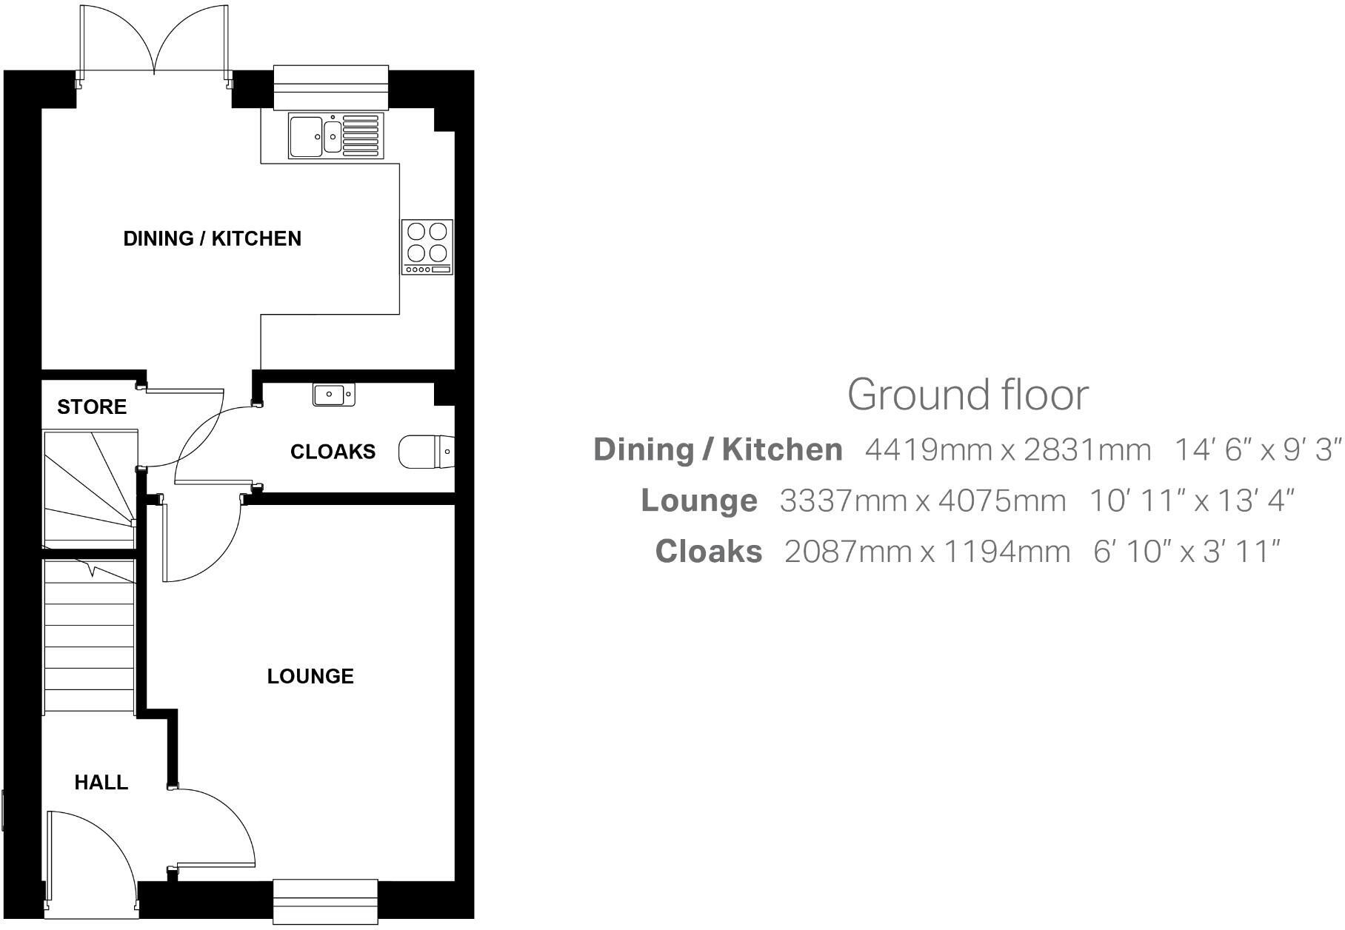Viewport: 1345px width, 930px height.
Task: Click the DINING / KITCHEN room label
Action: pyautogui.click(x=212, y=238)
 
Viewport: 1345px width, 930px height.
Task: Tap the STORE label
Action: pyautogui.click(x=92, y=407)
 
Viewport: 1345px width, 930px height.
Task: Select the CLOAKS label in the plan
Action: pyautogui.click(x=333, y=452)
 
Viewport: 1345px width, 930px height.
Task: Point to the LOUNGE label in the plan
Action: pyautogui.click(x=310, y=676)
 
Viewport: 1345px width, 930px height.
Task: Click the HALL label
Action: pyautogui.click(x=101, y=783)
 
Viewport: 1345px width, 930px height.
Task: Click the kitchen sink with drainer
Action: pyautogui.click(x=335, y=136)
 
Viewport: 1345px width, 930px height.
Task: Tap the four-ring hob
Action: pyautogui.click(x=427, y=247)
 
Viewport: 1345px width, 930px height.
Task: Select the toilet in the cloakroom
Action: pyautogui.click(x=425, y=451)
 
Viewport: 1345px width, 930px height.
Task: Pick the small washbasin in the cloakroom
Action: pyautogui.click(x=333, y=395)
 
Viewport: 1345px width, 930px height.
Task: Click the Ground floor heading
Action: pyautogui.click(x=967, y=395)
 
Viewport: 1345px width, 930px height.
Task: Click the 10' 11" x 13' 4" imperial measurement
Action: pyautogui.click(x=1191, y=501)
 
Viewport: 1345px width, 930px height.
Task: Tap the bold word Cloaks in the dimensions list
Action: pyautogui.click(x=709, y=552)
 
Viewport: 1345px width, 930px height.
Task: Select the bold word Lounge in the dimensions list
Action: pyautogui.click(x=698, y=501)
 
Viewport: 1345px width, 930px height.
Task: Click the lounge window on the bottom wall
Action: pyautogui.click(x=325, y=901)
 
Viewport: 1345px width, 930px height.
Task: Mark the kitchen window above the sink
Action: pyautogui.click(x=331, y=86)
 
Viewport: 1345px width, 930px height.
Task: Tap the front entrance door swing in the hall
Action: pyautogui.click(x=89, y=859)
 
